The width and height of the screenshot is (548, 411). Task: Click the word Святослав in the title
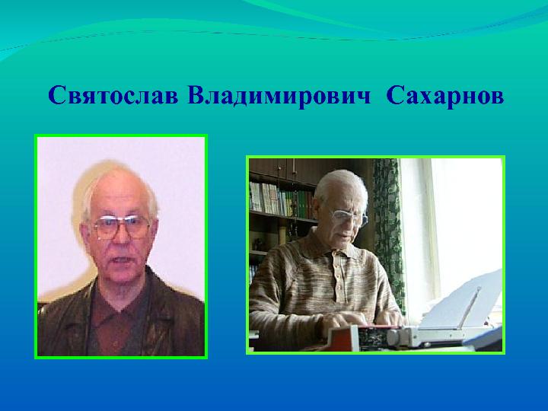(113, 95)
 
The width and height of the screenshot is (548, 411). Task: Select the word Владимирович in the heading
(279, 95)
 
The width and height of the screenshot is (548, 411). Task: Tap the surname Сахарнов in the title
(445, 95)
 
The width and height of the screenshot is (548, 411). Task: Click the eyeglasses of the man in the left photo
(121, 226)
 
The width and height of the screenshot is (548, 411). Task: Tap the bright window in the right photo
(454, 224)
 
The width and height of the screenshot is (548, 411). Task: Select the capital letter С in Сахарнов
(394, 95)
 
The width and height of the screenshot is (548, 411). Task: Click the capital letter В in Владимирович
(196, 95)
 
